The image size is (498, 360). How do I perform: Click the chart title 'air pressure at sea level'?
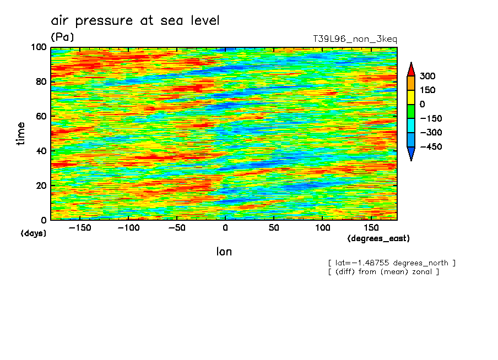tap(135, 21)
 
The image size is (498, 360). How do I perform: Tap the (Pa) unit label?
tap(62, 37)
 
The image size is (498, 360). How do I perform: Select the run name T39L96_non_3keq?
tap(355, 39)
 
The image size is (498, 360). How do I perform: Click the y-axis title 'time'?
tap(21, 133)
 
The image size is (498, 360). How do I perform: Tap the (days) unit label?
tap(34, 233)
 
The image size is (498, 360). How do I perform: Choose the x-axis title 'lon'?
tap(224, 252)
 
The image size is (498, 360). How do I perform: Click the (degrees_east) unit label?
tap(379, 239)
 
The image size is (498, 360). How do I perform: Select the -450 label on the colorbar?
tap(431, 147)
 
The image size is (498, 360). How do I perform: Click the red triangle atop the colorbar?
tap(411, 69)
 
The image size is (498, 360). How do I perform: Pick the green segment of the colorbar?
tap(411, 111)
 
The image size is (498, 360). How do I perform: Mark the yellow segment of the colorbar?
tap(411, 97)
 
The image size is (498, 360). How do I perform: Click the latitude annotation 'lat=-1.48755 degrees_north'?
tap(392, 263)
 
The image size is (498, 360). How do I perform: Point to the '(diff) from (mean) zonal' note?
tap(383, 272)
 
